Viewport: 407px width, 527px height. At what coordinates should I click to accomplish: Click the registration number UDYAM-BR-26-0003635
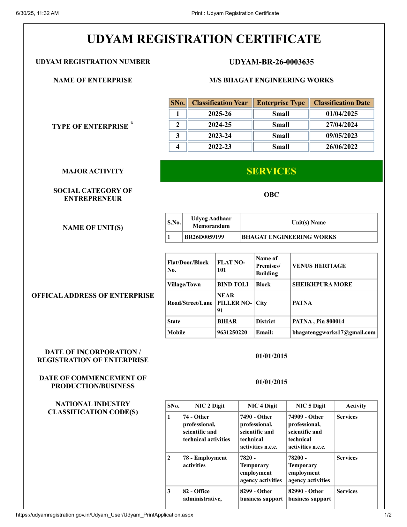[x=271, y=62]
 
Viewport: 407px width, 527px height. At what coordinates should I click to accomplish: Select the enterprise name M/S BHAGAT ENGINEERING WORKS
[x=271, y=80]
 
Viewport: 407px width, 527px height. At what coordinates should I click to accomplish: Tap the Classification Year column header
[x=220, y=103]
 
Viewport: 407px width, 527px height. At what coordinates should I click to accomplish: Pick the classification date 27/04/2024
[x=342, y=125]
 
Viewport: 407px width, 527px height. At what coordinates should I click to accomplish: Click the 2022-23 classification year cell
[x=220, y=147]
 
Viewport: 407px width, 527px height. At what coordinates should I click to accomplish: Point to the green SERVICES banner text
[x=271, y=171]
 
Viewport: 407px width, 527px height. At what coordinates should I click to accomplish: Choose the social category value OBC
[x=271, y=195]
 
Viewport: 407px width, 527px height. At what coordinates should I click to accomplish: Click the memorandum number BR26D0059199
[x=204, y=237]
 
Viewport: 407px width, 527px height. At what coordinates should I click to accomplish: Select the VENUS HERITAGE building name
[x=319, y=266]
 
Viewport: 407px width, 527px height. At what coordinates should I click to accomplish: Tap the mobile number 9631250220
[x=232, y=332]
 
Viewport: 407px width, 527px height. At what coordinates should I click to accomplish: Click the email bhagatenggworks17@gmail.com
[x=334, y=332]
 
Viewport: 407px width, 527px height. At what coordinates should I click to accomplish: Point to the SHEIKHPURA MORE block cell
[x=322, y=284]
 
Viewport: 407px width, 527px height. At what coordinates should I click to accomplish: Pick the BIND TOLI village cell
[x=233, y=284]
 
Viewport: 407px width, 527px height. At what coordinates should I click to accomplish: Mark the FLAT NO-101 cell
[x=231, y=266]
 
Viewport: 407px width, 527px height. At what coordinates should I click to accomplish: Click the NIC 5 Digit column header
[x=310, y=406]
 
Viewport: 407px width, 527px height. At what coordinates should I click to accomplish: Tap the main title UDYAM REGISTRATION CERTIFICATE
[x=204, y=39]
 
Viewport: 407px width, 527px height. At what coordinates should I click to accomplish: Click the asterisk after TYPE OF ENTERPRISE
[x=132, y=123]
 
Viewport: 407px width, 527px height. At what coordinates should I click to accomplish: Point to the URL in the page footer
[x=104, y=515]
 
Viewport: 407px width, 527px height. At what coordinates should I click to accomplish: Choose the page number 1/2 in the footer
[x=388, y=515]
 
